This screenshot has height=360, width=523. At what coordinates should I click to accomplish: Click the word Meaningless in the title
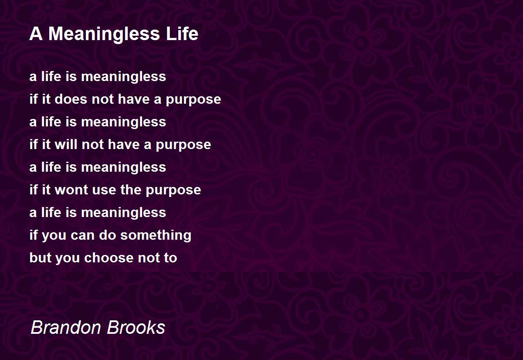(x=104, y=34)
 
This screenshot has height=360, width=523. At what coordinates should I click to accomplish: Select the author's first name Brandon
(x=66, y=327)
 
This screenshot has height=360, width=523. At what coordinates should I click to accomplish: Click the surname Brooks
(x=136, y=327)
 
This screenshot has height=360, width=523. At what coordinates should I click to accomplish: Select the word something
(x=156, y=235)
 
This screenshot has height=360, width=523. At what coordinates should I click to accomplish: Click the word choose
(x=109, y=258)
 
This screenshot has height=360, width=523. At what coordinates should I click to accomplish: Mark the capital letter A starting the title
(x=36, y=34)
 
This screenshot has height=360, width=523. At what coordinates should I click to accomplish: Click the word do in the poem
(x=107, y=235)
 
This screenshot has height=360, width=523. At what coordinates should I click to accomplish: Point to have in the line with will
(x=124, y=144)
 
